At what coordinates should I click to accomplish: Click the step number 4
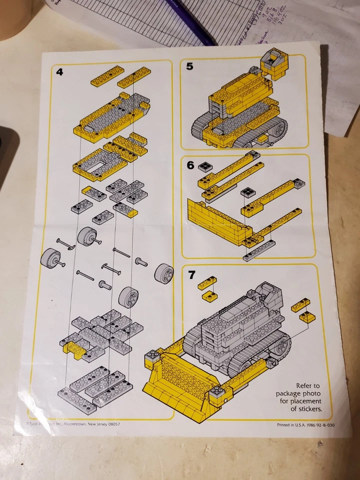(x=59, y=71)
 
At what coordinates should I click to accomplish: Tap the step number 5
(x=189, y=66)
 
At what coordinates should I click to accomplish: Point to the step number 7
(x=191, y=274)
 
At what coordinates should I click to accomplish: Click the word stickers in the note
(x=305, y=408)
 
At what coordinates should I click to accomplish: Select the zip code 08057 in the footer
(x=110, y=424)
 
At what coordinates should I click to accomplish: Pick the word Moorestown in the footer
(x=75, y=424)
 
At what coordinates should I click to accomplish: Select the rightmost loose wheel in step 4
(x=164, y=273)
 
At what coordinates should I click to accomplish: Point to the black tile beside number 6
(x=204, y=166)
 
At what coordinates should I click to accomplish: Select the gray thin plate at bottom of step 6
(x=258, y=251)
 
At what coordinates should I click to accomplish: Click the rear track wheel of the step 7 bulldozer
(x=282, y=346)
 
